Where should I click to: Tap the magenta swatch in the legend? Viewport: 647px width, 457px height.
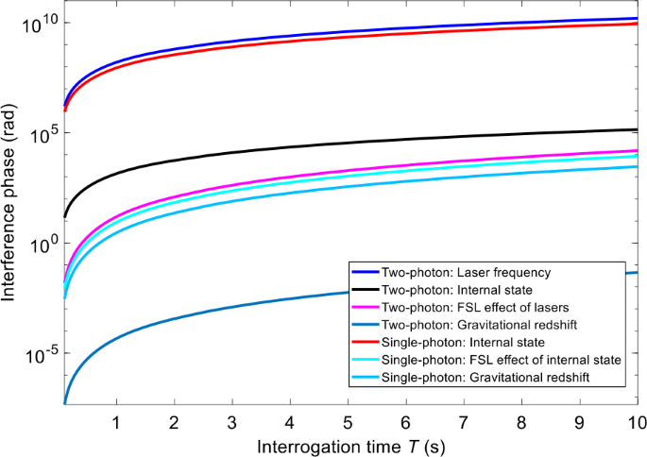(x=364, y=308)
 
